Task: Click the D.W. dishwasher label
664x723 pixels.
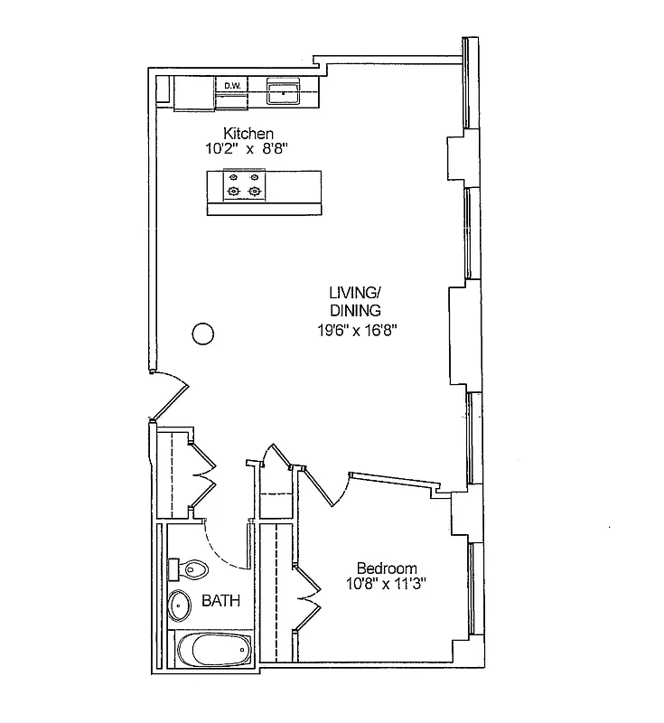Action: pyautogui.click(x=233, y=86)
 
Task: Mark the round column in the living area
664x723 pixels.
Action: pyautogui.click(x=203, y=333)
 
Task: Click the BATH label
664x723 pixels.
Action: pyautogui.click(x=220, y=601)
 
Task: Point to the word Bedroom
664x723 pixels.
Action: pyautogui.click(x=387, y=568)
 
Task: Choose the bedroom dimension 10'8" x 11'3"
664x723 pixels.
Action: pyautogui.click(x=387, y=584)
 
